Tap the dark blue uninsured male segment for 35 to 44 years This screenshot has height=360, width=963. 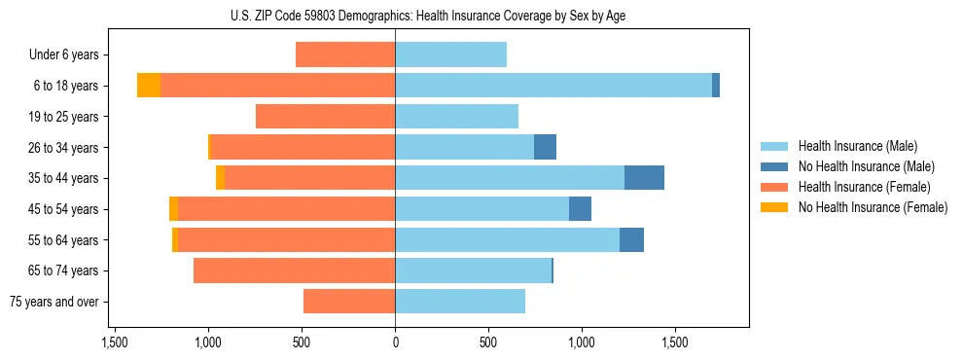(644, 178)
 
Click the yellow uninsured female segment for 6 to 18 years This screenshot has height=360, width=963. (148, 86)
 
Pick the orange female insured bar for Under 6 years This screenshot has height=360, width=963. (345, 54)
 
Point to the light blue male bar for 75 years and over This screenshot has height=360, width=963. (460, 302)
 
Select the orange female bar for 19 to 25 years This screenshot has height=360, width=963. (325, 117)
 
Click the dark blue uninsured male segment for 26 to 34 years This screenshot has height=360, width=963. (545, 147)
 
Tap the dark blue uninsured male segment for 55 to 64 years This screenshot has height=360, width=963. (631, 239)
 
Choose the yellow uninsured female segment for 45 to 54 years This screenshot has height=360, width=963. (173, 209)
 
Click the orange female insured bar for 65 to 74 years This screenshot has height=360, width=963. (294, 270)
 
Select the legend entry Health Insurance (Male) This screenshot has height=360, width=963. (857, 146)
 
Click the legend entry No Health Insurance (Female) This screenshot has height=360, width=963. (873, 207)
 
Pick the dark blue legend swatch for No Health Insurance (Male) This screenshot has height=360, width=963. (774, 166)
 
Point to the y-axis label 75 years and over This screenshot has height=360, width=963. (53, 302)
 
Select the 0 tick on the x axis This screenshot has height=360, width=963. (395, 342)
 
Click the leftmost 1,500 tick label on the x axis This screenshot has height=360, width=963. (115, 342)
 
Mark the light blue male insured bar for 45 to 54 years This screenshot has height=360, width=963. (481, 209)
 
